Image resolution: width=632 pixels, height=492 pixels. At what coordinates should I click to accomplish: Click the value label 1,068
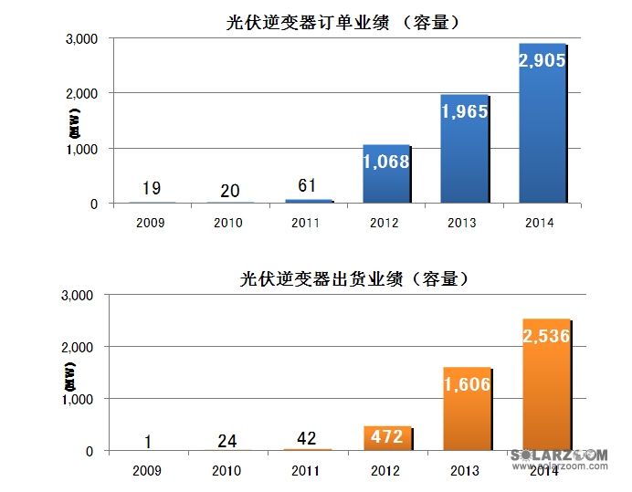click(385, 162)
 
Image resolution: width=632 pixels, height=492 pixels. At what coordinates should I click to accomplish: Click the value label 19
click(152, 189)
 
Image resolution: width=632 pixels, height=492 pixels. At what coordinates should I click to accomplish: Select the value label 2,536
click(545, 337)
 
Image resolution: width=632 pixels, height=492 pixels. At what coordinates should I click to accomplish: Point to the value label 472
click(387, 436)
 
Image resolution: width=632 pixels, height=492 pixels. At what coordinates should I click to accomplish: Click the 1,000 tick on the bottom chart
click(82, 399)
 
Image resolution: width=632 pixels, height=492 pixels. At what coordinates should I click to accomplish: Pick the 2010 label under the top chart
click(230, 222)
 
